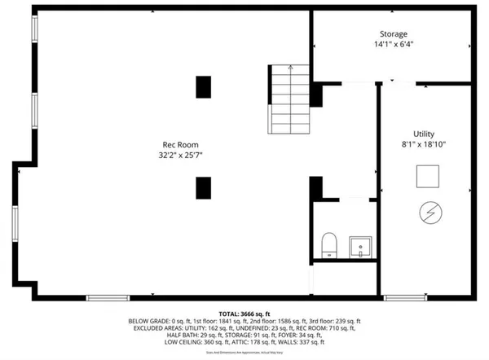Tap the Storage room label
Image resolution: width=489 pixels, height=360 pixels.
pyautogui.click(x=392, y=34)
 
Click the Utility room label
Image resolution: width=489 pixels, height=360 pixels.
pyautogui.click(x=424, y=134)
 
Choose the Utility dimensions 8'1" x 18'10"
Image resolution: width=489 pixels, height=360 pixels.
pyautogui.click(x=424, y=144)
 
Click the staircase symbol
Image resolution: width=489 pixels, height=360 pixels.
pyautogui.click(x=290, y=100)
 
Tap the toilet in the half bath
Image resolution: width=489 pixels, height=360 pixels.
pyautogui.click(x=330, y=243)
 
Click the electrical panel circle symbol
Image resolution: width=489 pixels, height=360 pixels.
pyautogui.click(x=427, y=213)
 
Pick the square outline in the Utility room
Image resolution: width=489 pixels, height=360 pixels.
pyautogui.click(x=428, y=175)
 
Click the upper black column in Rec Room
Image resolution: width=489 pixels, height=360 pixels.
pyautogui.click(x=203, y=86)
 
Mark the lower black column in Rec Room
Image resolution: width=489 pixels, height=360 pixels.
pyautogui.click(x=203, y=187)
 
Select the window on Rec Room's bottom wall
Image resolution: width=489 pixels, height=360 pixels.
pyautogui.click(x=108, y=297)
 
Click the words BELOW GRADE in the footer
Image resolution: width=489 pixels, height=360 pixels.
pyautogui.click(x=150, y=322)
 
